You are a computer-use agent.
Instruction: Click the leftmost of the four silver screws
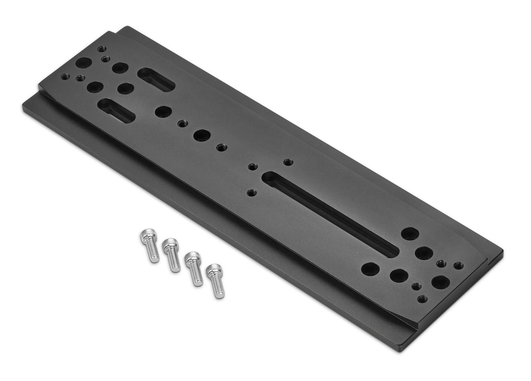pos(150,246)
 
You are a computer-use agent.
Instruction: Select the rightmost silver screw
pos(216,281)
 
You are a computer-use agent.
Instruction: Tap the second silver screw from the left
pos(172,255)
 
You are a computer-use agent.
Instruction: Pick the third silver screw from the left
pos(194,268)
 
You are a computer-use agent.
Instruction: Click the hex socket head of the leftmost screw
pos(147,237)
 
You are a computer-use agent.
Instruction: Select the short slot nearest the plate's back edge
pos(156,80)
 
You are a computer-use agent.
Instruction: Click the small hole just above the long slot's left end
pos(253,166)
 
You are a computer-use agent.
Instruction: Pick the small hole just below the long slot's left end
pos(252,193)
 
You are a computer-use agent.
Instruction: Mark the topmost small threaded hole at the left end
pos(102,49)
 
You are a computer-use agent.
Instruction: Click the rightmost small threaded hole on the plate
pos(458,266)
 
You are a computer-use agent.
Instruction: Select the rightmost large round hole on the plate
pos(441,282)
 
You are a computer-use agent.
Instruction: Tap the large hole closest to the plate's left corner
pos(83,63)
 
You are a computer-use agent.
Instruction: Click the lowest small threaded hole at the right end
pos(422,299)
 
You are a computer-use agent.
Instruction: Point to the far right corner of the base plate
pos(503,253)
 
